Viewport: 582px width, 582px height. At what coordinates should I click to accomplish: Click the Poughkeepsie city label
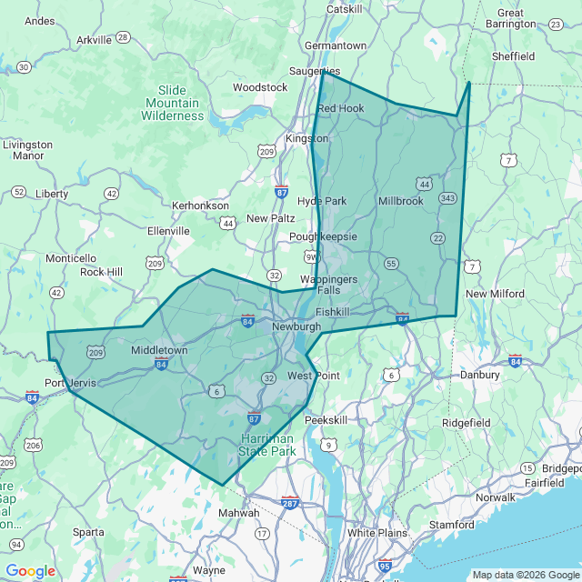pyautogui.click(x=323, y=236)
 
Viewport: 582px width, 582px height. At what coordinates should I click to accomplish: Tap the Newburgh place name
pyautogui.click(x=296, y=326)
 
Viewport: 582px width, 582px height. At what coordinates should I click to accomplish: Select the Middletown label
pyautogui.click(x=159, y=350)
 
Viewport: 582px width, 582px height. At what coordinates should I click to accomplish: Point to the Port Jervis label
pyautogui.click(x=70, y=383)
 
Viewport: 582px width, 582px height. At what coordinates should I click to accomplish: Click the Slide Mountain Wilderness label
pyautogui.click(x=172, y=103)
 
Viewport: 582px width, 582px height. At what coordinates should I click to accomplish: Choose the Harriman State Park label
pyautogui.click(x=267, y=444)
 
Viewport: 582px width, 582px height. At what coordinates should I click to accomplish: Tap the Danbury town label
pyautogui.click(x=479, y=375)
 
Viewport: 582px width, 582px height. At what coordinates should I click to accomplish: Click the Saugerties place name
pyautogui.click(x=315, y=71)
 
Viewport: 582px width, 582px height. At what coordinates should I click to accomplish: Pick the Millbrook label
pyautogui.click(x=401, y=201)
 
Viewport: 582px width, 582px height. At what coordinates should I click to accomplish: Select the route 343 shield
pyautogui.click(x=447, y=198)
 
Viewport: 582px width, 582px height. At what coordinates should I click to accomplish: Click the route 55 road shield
pyautogui.click(x=391, y=264)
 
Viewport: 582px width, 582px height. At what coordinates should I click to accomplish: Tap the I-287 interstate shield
pyautogui.click(x=290, y=503)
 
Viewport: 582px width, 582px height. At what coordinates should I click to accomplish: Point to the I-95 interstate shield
pyautogui.click(x=385, y=566)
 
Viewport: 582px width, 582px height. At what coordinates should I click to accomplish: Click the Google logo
pyautogui.click(x=30, y=571)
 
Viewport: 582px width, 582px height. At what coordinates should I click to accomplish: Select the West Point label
pyautogui.click(x=314, y=376)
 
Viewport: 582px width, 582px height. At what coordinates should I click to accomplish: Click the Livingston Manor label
pyautogui.click(x=28, y=150)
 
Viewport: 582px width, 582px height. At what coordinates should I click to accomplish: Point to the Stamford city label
pyautogui.click(x=452, y=525)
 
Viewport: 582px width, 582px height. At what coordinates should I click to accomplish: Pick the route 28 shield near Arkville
pyautogui.click(x=122, y=39)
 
